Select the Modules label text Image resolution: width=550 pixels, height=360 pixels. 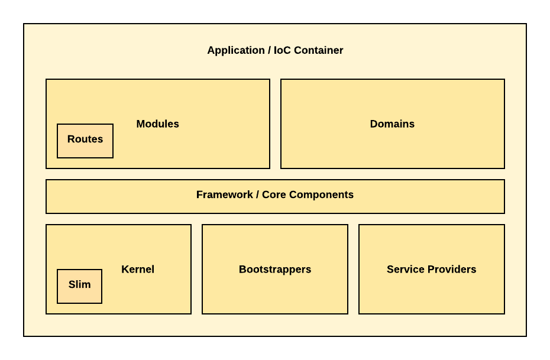[x=157, y=124]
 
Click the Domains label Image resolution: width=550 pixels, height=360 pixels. [x=392, y=124]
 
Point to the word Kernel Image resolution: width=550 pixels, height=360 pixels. [x=138, y=270]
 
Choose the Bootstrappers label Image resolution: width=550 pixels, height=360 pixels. [x=275, y=270]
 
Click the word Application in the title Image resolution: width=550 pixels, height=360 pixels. [x=235, y=51]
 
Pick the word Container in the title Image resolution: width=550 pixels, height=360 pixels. [x=318, y=51]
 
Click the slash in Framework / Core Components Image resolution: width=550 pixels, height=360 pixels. [x=257, y=195]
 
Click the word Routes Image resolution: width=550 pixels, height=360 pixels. [x=85, y=140]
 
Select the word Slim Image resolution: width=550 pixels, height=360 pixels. [x=79, y=285]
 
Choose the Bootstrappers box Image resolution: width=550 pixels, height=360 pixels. [x=275, y=296]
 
